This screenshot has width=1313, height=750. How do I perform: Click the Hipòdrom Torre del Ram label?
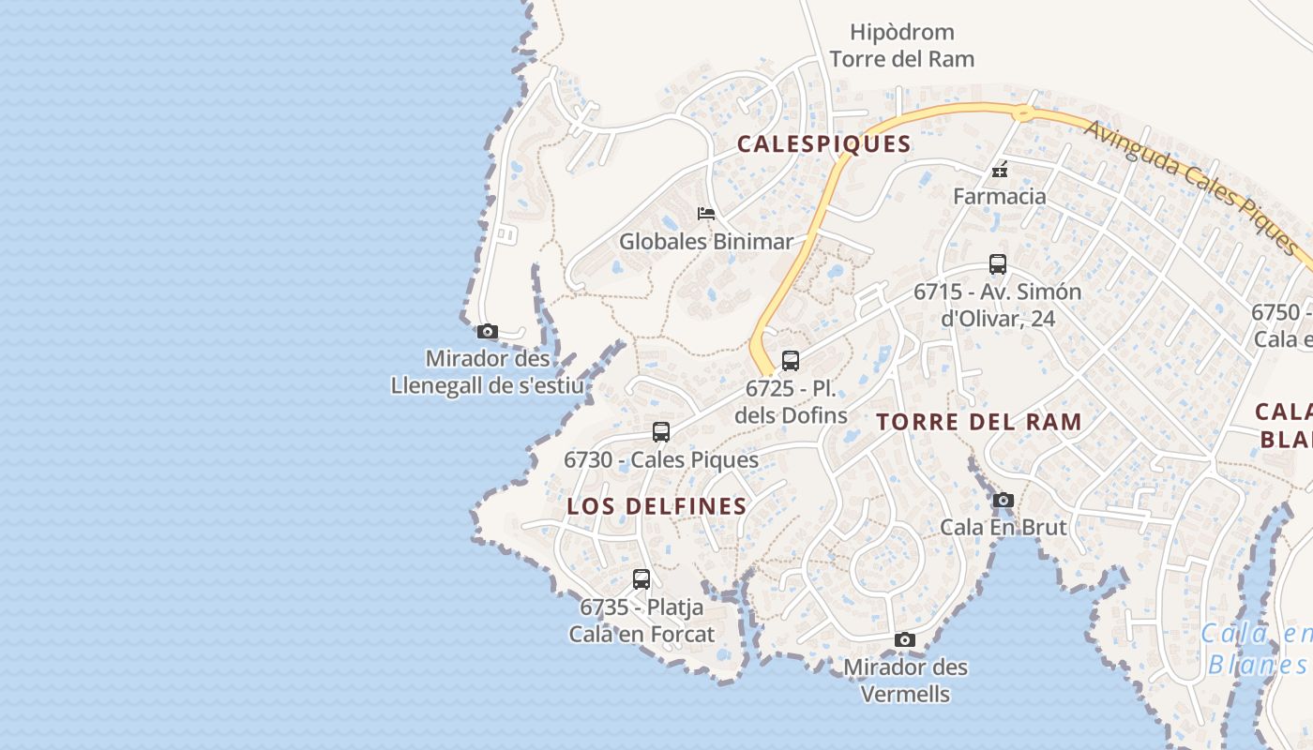pyautogui.click(x=901, y=46)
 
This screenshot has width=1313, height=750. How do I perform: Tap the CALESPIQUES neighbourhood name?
pyautogui.click(x=823, y=143)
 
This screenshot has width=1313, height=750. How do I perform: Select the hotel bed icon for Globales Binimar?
pyautogui.click(x=706, y=214)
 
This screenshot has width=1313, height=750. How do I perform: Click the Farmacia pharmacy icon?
pyautogui.click(x=1000, y=170)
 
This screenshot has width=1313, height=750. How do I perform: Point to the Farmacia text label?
pyautogui.click(x=999, y=196)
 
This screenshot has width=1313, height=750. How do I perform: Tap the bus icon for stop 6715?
pyautogui.click(x=997, y=264)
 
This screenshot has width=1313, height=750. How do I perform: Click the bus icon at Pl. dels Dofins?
pyautogui.click(x=791, y=361)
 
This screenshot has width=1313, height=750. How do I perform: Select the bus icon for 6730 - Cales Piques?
pyautogui.click(x=661, y=432)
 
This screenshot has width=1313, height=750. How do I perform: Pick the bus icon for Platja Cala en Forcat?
pyautogui.click(x=641, y=579)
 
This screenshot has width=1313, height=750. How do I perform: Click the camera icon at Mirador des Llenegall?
pyautogui.click(x=487, y=331)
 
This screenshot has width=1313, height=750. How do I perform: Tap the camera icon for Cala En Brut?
pyautogui.click(x=1004, y=500)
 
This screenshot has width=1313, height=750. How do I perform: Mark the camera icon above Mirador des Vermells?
pyautogui.click(x=905, y=639)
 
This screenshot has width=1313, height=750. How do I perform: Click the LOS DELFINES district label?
pyautogui.click(x=656, y=506)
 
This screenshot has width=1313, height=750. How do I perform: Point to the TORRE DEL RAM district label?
pyautogui.click(x=979, y=422)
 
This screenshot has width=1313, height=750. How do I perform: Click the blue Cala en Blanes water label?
pyautogui.click(x=1257, y=650)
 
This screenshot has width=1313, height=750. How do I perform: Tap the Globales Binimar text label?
pyautogui.click(x=705, y=241)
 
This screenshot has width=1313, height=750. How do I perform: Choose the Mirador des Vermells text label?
pyautogui.click(x=905, y=681)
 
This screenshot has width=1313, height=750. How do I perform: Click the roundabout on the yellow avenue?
pyautogui.click(x=1022, y=113)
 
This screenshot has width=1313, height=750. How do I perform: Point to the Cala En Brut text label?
pyautogui.click(x=1003, y=527)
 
